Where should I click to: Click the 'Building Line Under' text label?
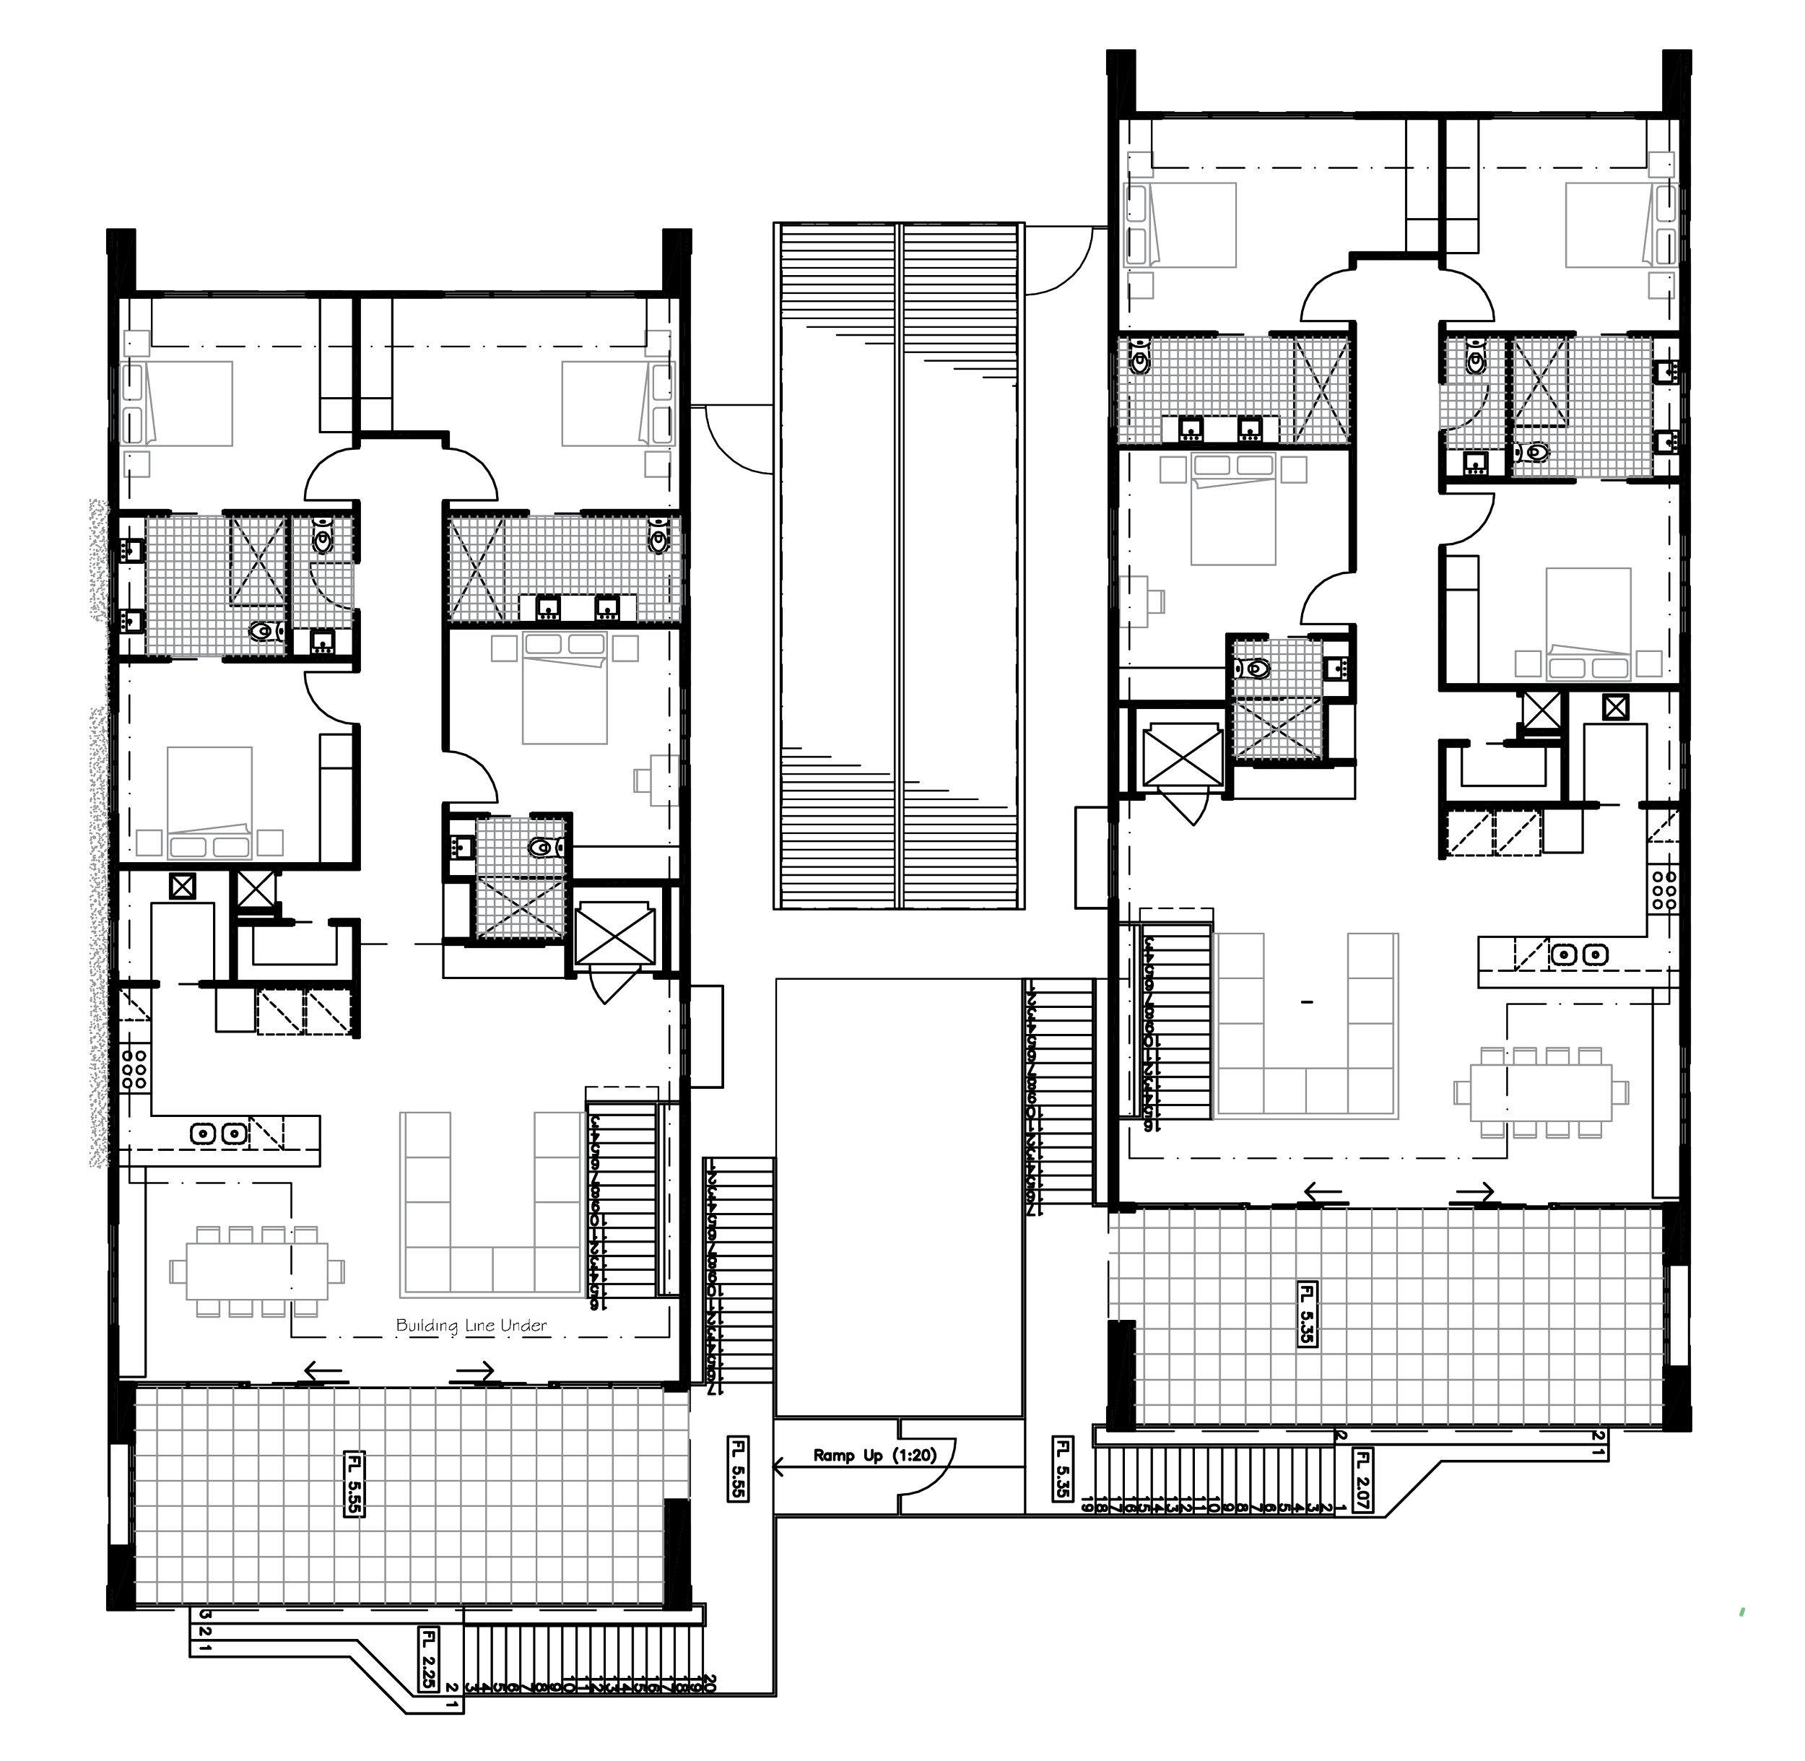pos(471,1326)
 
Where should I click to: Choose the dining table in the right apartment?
pos(1541,1090)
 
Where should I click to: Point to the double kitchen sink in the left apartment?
pos(219,1131)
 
